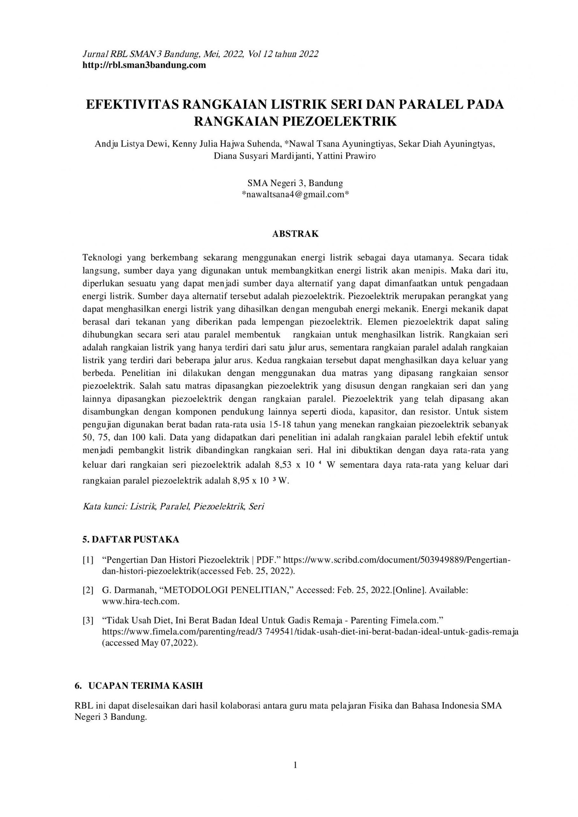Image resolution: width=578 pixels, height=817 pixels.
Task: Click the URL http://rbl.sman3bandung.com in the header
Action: (144, 65)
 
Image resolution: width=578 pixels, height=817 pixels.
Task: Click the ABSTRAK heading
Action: (295, 234)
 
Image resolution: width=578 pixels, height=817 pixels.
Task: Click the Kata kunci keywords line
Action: (173, 506)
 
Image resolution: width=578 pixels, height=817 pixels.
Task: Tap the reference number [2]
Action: (88, 590)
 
